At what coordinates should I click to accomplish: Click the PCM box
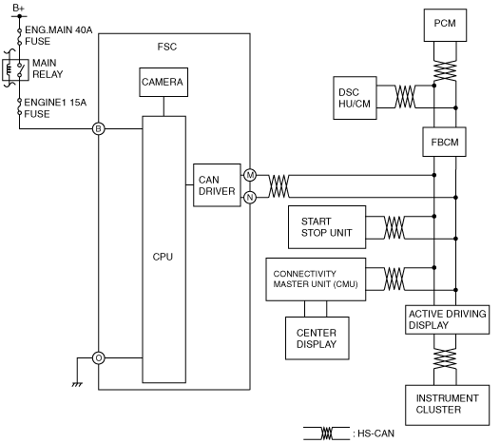(x=445, y=26)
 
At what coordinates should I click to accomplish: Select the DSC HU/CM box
(x=355, y=98)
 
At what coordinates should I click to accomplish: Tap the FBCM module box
(x=445, y=142)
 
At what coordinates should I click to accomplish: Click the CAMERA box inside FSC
(x=163, y=83)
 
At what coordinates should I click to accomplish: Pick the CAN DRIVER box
(x=217, y=185)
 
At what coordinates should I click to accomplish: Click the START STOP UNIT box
(x=327, y=227)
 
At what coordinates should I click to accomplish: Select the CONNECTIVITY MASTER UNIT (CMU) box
(x=316, y=279)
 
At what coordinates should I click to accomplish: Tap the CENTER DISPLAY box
(x=317, y=338)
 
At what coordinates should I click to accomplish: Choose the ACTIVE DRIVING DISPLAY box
(x=448, y=319)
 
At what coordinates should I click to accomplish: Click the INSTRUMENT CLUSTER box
(x=448, y=405)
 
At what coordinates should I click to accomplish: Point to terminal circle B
(x=99, y=129)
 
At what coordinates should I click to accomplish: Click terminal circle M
(x=250, y=175)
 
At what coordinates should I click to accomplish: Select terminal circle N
(x=250, y=198)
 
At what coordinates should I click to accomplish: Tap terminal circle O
(x=99, y=358)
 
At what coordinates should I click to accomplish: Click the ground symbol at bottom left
(x=77, y=384)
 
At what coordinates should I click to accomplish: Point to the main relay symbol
(x=15, y=69)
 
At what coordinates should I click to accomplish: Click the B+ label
(x=18, y=8)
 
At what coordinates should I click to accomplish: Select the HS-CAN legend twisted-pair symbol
(x=327, y=433)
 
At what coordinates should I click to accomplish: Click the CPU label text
(x=163, y=257)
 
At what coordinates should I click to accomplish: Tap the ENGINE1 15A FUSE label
(x=55, y=108)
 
